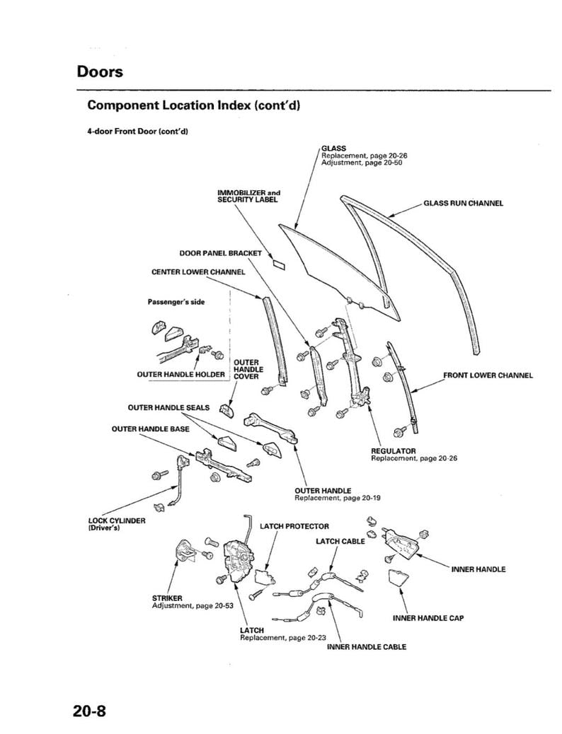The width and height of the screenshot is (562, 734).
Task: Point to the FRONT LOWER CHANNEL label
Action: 488,375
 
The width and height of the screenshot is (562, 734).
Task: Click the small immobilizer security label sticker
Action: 278,264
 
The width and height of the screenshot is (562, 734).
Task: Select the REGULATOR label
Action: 394,450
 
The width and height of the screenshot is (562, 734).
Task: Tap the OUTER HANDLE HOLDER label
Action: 180,375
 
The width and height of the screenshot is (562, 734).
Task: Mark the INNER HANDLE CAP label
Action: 428,617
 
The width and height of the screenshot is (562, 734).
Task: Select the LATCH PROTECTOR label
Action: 294,526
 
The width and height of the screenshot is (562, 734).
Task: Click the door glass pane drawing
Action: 333,262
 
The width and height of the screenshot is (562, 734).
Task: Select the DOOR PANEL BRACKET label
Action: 220,252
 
